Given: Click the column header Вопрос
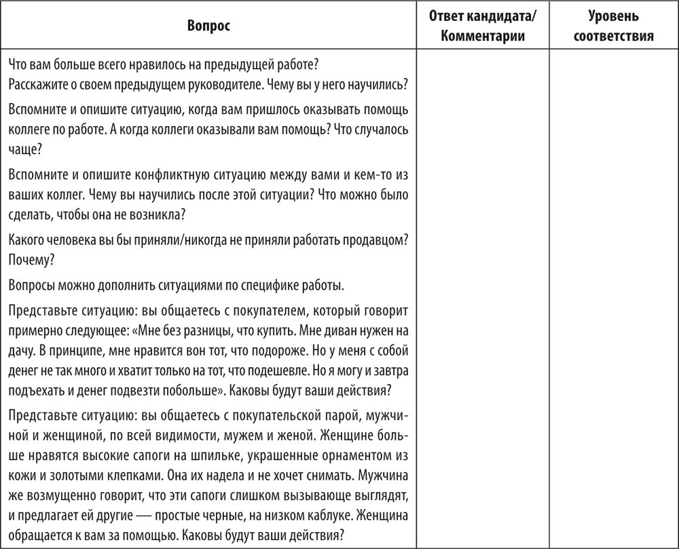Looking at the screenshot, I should point(208,26).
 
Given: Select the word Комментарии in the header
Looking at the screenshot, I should point(482,36).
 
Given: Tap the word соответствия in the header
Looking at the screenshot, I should point(613,36).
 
